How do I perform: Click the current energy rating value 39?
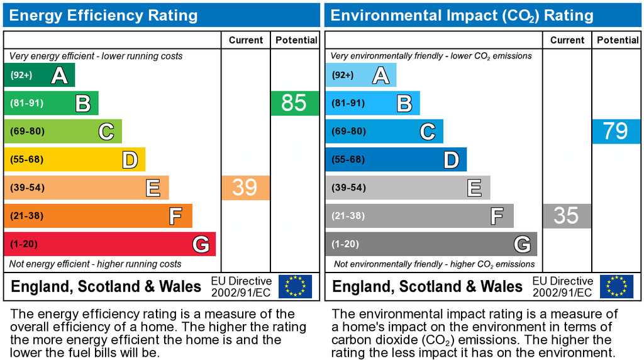point(245,188)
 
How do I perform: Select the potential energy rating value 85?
point(294,103)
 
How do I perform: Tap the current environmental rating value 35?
point(566,216)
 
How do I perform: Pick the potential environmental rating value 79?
point(615,131)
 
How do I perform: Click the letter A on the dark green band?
point(59,76)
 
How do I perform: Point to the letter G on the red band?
point(201,244)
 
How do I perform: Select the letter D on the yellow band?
point(130,160)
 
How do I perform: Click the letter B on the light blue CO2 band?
point(404,103)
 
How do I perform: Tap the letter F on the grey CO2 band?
point(497,217)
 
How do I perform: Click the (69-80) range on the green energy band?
point(26,132)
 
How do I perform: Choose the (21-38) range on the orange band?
point(26,216)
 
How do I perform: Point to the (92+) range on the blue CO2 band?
point(343,76)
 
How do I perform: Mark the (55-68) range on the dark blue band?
point(348,160)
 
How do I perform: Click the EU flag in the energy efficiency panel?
point(295,286)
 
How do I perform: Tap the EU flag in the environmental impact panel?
point(616,286)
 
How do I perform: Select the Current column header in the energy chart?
point(246,40)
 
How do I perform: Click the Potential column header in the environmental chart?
point(618,40)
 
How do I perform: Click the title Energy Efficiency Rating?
point(103,15)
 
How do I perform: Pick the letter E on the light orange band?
point(153,188)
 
